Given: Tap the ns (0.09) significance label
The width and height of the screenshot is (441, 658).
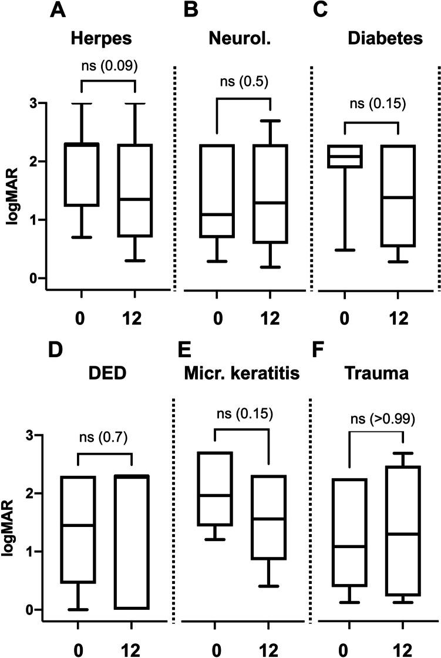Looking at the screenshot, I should point(109,66).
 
